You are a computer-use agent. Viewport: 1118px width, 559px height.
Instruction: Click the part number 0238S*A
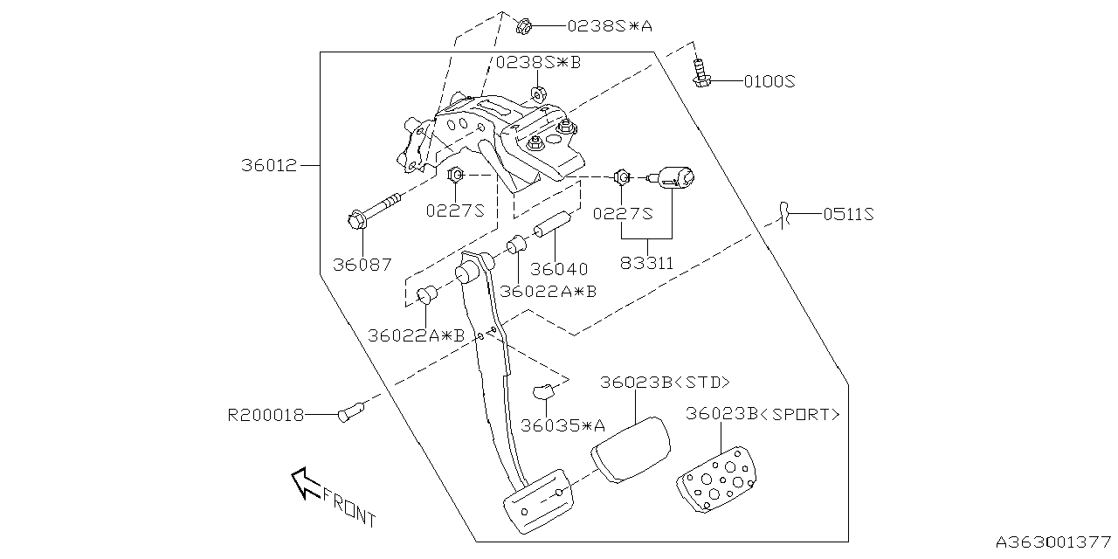tap(610, 26)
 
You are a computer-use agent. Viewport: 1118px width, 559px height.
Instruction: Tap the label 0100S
tap(769, 82)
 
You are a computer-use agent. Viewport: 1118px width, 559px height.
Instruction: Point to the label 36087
tap(362, 264)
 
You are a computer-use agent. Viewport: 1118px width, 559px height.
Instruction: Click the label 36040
tap(559, 269)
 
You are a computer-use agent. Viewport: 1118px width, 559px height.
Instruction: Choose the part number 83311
tap(648, 261)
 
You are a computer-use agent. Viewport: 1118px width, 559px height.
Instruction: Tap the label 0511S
tap(847, 213)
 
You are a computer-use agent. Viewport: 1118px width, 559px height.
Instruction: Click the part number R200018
tap(266, 416)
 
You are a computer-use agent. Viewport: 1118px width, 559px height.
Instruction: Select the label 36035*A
tap(562, 425)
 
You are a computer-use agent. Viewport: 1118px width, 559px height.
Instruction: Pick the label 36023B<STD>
tap(665, 383)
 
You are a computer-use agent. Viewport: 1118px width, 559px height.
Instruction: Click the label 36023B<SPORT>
tap(763, 414)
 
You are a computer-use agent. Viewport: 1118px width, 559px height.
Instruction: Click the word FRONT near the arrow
tap(349, 507)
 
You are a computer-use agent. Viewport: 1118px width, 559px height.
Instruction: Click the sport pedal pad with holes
tap(719, 480)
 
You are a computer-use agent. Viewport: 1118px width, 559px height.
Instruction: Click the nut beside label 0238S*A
tap(525, 25)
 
